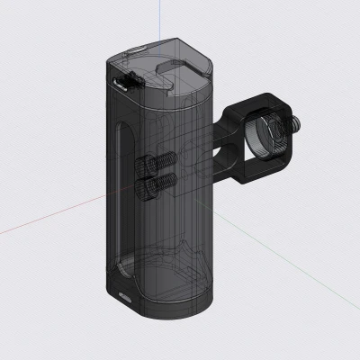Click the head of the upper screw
click(144, 166)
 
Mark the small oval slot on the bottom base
click(123, 294)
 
